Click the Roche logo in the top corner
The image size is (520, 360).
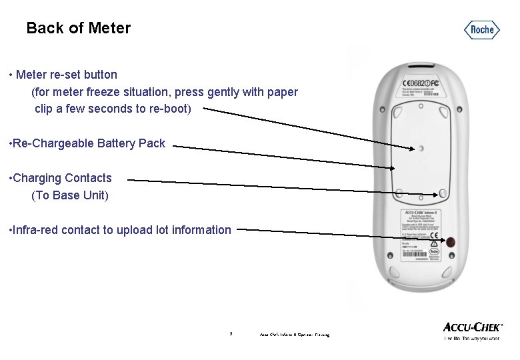(x=482, y=29)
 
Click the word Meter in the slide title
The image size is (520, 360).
(x=108, y=28)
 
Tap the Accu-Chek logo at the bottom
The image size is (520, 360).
(x=473, y=327)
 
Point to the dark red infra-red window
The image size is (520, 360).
(x=451, y=242)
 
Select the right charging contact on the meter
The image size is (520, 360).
(x=443, y=193)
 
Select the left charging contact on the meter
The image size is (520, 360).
(x=397, y=193)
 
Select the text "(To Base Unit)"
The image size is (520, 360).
(x=70, y=195)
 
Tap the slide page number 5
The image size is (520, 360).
(x=230, y=333)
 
